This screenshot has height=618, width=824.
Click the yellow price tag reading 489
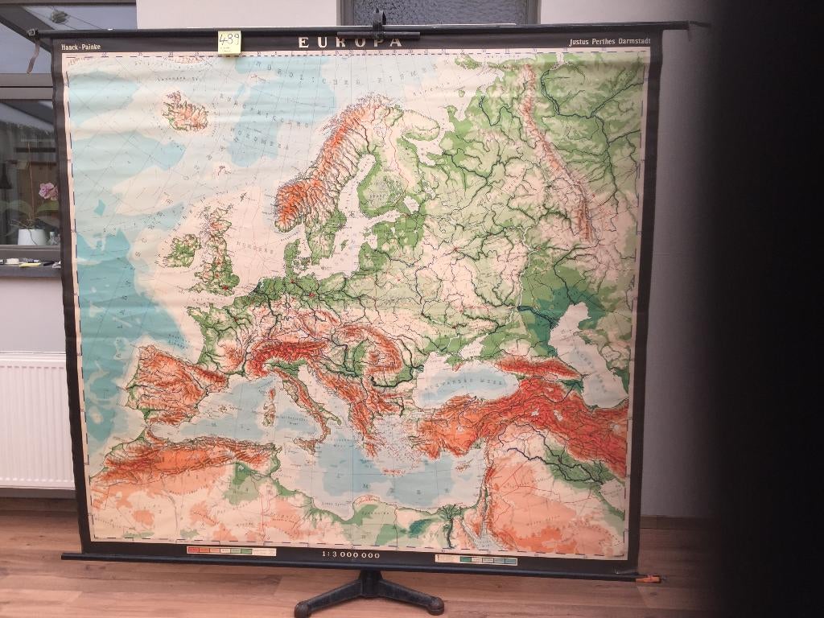(229, 42)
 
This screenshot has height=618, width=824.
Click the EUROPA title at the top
(349, 43)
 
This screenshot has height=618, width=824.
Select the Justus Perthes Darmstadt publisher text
(609, 41)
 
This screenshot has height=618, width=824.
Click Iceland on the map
(185, 112)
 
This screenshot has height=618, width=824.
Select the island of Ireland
(183, 251)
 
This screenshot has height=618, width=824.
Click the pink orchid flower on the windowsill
(48, 191)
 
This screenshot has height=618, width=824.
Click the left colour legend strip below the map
(231, 552)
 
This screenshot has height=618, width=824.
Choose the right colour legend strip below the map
(476, 559)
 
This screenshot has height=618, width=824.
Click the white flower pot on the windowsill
(32, 236)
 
